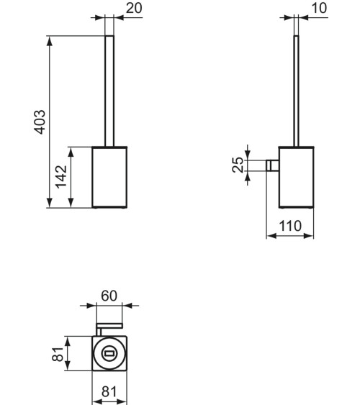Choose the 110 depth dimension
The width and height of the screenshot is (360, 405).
(x=289, y=225)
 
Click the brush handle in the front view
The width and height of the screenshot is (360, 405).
(x=110, y=90)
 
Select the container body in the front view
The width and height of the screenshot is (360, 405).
(x=110, y=177)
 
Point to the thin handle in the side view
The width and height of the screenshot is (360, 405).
(x=297, y=90)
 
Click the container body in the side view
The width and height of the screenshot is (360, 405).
(x=296, y=177)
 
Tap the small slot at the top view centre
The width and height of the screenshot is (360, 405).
(x=110, y=353)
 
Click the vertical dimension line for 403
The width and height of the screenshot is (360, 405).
(x=50, y=122)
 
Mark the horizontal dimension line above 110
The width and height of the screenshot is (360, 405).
(x=289, y=235)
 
